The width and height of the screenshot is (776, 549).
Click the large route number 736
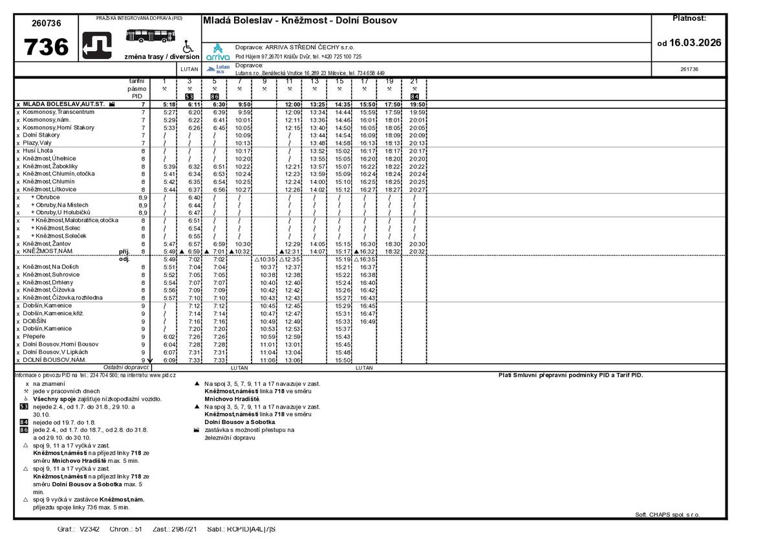(46, 47)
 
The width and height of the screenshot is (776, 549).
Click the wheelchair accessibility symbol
(188, 47)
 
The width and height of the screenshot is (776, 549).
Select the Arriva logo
(219, 52)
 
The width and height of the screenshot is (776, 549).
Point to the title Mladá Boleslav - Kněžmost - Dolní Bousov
(300, 21)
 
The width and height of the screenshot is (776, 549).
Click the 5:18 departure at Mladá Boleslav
(169, 104)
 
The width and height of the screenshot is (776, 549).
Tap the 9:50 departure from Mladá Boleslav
(244, 104)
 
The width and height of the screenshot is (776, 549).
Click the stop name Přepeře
(34, 337)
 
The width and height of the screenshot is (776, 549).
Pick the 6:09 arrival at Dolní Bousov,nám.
(169, 360)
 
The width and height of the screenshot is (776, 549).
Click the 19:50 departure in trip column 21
(417, 104)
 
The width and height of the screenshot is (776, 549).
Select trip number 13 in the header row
(314, 81)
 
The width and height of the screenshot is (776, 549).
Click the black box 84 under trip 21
(415, 96)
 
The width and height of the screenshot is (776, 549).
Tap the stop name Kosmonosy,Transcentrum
(58, 112)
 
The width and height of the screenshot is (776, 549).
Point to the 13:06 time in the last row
(293, 360)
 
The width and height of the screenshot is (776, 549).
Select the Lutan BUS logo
(219, 69)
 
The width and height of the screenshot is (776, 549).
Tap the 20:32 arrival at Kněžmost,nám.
(417, 251)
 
